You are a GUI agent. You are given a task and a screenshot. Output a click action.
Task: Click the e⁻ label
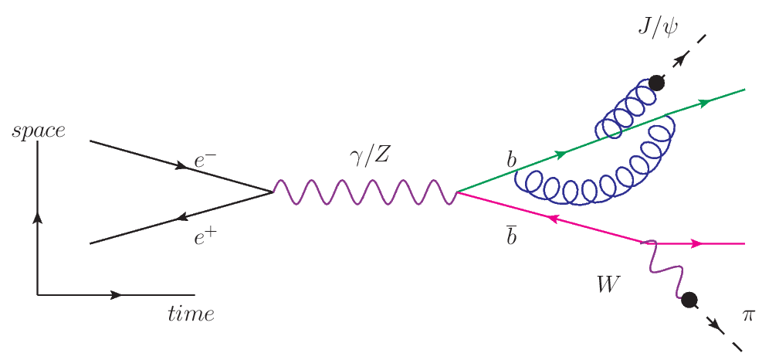205,162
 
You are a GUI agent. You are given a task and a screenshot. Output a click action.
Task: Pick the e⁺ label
205,238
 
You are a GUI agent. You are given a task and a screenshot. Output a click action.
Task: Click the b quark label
510,161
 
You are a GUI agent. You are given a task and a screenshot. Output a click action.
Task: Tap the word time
191,314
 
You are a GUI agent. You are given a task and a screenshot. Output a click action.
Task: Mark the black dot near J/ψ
656,82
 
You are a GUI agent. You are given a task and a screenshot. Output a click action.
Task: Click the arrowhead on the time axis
117,294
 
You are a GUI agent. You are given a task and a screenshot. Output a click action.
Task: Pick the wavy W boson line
664,267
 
